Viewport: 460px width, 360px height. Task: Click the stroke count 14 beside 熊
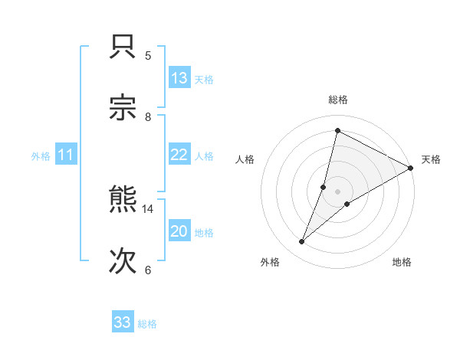(148, 208)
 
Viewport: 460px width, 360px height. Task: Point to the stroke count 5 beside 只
(148, 55)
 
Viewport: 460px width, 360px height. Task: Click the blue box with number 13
(179, 78)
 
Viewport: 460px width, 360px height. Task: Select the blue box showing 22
(179, 155)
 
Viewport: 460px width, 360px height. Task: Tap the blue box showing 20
(179, 231)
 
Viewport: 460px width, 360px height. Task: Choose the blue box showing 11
(66, 155)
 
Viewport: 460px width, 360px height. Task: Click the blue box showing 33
(123, 322)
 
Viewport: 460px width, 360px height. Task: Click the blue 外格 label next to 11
(41, 156)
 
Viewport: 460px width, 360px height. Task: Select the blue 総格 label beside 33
(147, 324)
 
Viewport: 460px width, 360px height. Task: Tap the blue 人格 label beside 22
(204, 156)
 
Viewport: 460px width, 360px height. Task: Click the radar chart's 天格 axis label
(431, 159)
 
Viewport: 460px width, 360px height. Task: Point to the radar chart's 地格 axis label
(402, 262)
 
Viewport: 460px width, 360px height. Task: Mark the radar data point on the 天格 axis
(411, 168)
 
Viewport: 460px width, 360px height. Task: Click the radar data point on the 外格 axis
(301, 242)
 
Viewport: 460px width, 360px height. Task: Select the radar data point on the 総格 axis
(337, 131)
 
